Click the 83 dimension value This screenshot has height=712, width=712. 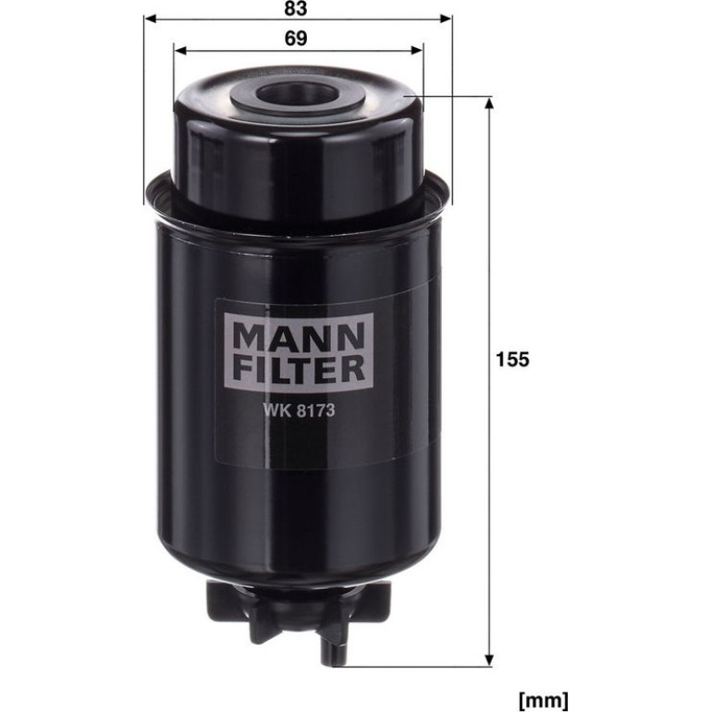tap(296, 8)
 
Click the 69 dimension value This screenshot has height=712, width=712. tap(296, 39)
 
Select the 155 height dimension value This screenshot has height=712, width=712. tap(512, 359)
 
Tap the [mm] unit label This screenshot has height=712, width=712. tap(543, 700)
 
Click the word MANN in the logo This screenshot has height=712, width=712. tap(299, 336)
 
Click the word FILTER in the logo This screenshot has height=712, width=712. tap(299, 368)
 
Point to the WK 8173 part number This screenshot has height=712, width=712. tap(299, 410)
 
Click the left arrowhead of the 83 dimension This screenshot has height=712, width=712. tap(151, 18)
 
